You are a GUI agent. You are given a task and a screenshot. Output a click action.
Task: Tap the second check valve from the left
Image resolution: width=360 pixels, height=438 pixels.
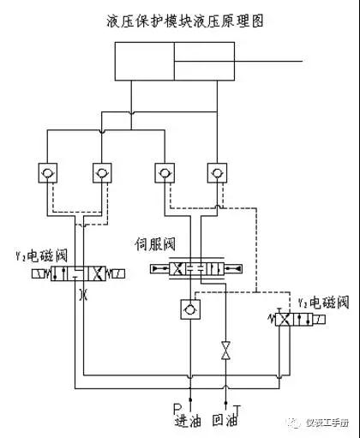(102, 175)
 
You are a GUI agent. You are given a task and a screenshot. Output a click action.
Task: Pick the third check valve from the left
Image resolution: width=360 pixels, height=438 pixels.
(162, 175)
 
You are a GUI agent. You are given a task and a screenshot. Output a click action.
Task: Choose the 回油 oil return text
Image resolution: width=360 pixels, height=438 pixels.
(227, 421)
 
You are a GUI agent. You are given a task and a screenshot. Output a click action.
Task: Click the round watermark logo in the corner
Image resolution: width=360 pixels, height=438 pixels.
(296, 423)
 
